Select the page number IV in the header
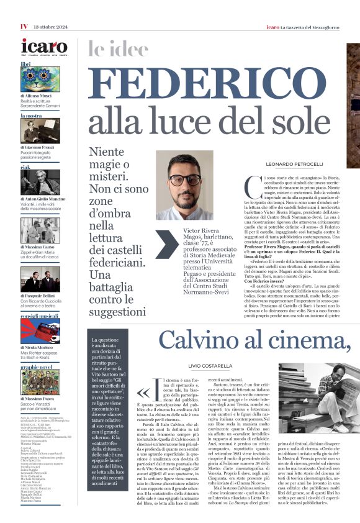(x=24, y=26)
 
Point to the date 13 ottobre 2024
(x=50, y=26)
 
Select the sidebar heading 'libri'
(x=25, y=64)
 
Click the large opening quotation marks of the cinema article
(x=143, y=393)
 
